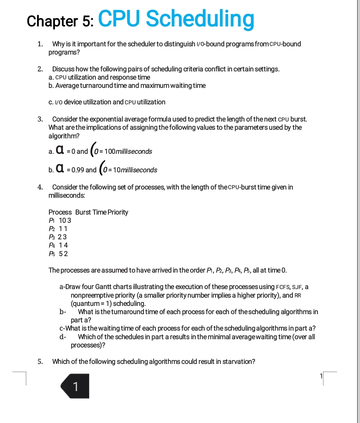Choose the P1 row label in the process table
51,220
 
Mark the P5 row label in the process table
51,254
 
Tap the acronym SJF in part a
297,287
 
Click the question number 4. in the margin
40,187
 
